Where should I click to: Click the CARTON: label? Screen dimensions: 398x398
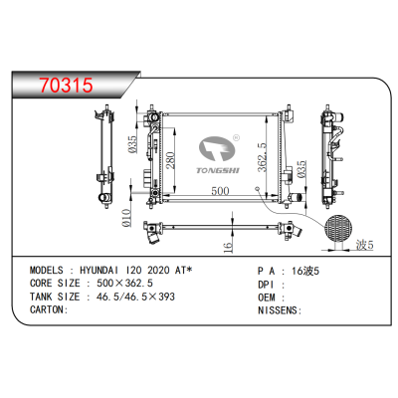tap(47, 309)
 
